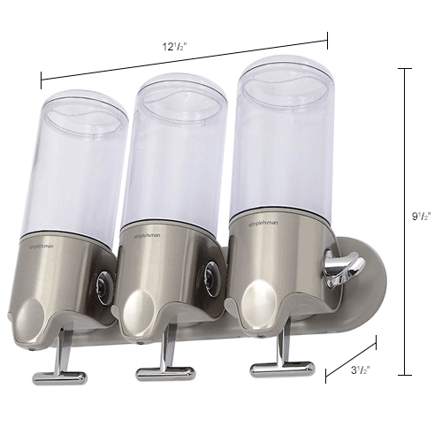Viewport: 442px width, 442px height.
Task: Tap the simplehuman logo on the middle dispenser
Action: pyautogui.click(x=149, y=236)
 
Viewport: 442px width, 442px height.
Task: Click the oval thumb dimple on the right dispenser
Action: pyautogui.click(x=258, y=296)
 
